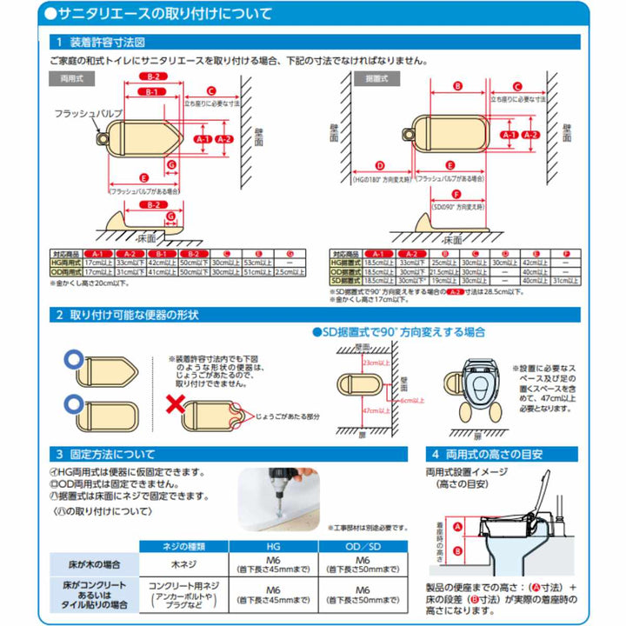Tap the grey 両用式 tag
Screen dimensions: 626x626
click(67, 77)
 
